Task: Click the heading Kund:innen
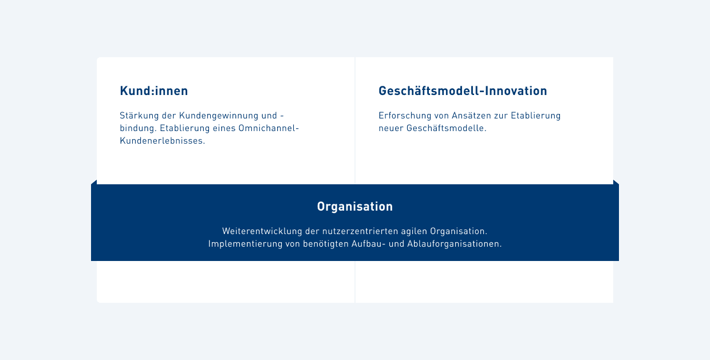153,91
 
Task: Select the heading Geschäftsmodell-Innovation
463,91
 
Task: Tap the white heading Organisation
355,207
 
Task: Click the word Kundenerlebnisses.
162,141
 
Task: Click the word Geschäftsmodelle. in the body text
446,128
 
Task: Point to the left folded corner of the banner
94,183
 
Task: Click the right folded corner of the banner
616,183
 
